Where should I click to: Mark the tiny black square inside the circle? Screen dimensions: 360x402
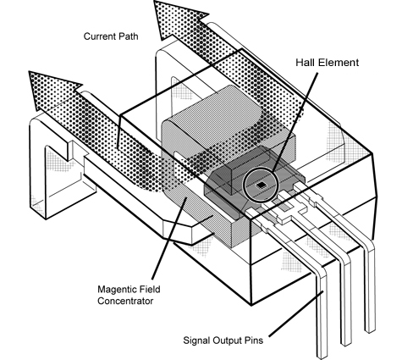click(263, 182)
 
